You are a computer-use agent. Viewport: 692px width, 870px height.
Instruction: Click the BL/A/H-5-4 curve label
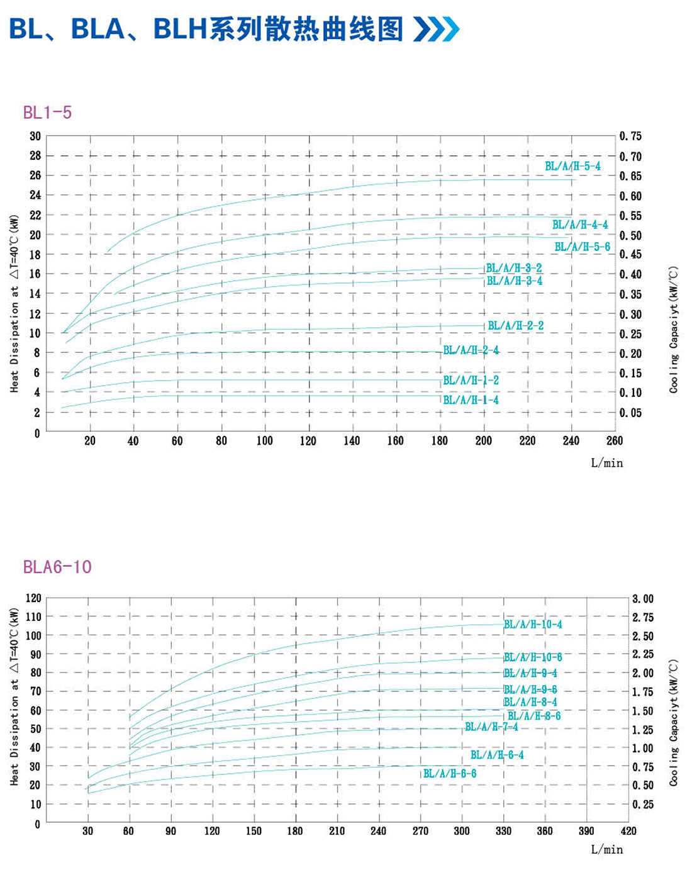coord(572,166)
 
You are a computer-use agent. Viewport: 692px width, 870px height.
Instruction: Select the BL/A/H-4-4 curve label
coord(580,225)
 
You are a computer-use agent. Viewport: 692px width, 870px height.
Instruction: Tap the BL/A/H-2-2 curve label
coord(516,325)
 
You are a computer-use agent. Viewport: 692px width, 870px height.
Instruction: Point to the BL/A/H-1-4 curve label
coord(471,400)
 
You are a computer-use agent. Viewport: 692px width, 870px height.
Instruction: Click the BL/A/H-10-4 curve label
coord(533,624)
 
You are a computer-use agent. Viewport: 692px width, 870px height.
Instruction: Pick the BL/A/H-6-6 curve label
coord(450,773)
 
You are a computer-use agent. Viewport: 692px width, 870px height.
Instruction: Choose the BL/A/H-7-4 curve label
coord(491,727)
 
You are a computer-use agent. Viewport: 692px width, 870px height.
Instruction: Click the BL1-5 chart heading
coord(47,113)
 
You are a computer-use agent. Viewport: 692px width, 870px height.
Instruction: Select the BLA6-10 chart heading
coord(57,567)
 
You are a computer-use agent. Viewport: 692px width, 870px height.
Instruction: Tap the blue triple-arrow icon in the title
coord(436,29)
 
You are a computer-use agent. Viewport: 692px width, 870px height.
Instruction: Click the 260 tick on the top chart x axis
coord(615,441)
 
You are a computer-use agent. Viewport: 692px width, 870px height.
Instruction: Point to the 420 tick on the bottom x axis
coord(628,831)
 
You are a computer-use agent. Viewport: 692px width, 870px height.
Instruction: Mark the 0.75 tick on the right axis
coord(630,136)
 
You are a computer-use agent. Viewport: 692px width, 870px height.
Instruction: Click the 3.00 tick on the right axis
coord(643,598)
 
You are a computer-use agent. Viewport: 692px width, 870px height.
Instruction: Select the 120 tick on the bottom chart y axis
coord(33,598)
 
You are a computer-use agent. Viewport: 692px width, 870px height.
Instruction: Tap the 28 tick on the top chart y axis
coord(35,155)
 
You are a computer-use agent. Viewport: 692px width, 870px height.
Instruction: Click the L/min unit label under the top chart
coord(606,463)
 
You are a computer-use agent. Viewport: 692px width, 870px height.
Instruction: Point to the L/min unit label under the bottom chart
coord(606,850)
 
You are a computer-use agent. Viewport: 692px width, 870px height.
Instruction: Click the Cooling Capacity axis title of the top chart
coord(674,330)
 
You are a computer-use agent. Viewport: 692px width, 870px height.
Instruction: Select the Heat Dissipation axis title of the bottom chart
coord(14,696)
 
